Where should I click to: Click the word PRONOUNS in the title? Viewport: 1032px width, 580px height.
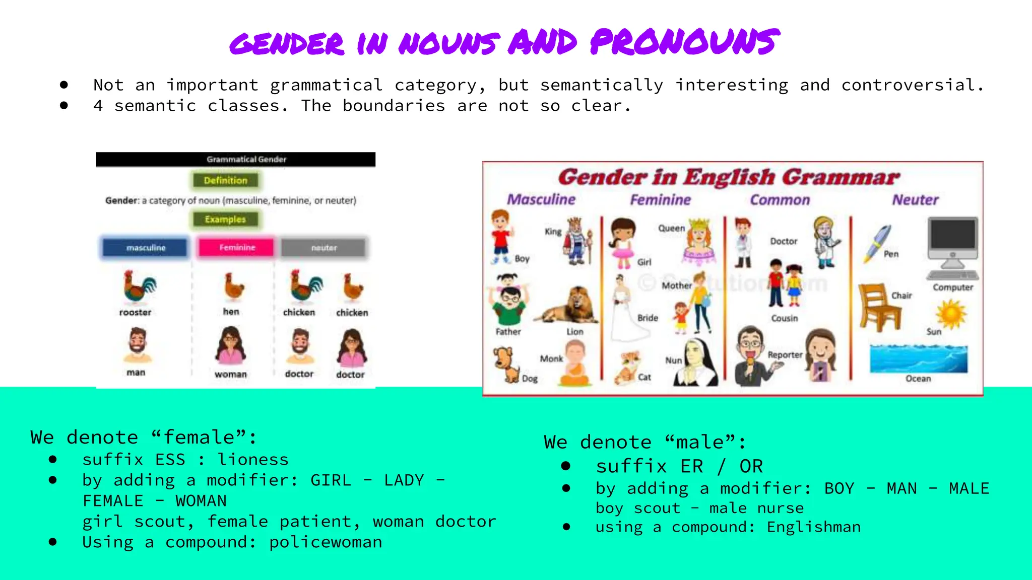(684, 42)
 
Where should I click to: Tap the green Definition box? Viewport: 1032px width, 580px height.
(225, 180)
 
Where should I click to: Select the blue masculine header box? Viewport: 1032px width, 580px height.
(146, 248)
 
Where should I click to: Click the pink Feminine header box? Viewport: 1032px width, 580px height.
(237, 248)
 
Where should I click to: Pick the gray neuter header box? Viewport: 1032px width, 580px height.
(324, 248)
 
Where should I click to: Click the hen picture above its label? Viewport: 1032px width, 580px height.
(233, 287)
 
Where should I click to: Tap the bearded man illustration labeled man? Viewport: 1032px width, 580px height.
(137, 346)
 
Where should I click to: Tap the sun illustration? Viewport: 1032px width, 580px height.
(951, 313)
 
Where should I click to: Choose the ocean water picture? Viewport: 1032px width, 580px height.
(918, 358)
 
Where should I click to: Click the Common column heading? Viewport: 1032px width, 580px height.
(780, 200)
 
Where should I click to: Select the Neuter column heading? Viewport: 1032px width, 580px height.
(915, 200)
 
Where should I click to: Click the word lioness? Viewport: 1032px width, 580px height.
(253, 460)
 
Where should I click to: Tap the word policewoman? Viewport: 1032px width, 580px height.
(326, 542)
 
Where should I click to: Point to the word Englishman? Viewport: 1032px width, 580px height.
(814, 527)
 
